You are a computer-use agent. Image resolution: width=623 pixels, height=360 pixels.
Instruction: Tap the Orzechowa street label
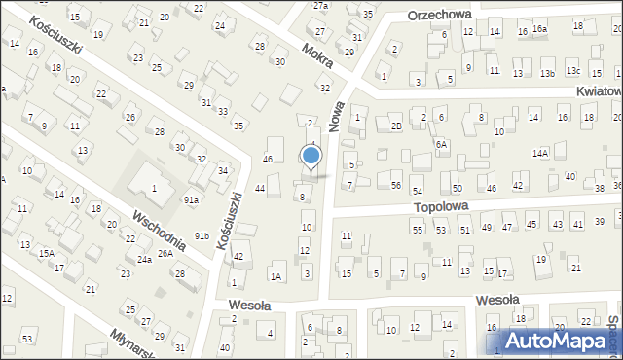click(x=439, y=16)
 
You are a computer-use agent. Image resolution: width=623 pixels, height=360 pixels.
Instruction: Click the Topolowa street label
click(x=441, y=206)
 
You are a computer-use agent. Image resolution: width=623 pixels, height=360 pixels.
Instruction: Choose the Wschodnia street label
click(x=159, y=229)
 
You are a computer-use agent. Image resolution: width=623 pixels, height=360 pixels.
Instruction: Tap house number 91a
click(x=192, y=199)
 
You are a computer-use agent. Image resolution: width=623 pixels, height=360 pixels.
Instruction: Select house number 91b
click(x=202, y=235)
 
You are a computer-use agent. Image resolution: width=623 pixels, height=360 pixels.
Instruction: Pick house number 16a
click(x=539, y=29)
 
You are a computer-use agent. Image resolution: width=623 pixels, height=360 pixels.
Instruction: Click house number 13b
click(x=548, y=73)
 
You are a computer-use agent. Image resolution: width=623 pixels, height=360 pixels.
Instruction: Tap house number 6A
click(x=442, y=144)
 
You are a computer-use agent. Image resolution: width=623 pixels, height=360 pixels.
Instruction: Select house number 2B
click(x=396, y=126)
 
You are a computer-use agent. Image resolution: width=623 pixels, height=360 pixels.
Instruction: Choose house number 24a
click(x=144, y=260)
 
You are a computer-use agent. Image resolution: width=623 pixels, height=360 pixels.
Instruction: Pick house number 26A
click(x=165, y=254)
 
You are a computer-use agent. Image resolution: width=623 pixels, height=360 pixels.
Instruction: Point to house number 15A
click(x=46, y=252)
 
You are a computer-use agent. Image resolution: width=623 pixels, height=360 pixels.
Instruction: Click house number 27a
click(x=320, y=5)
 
